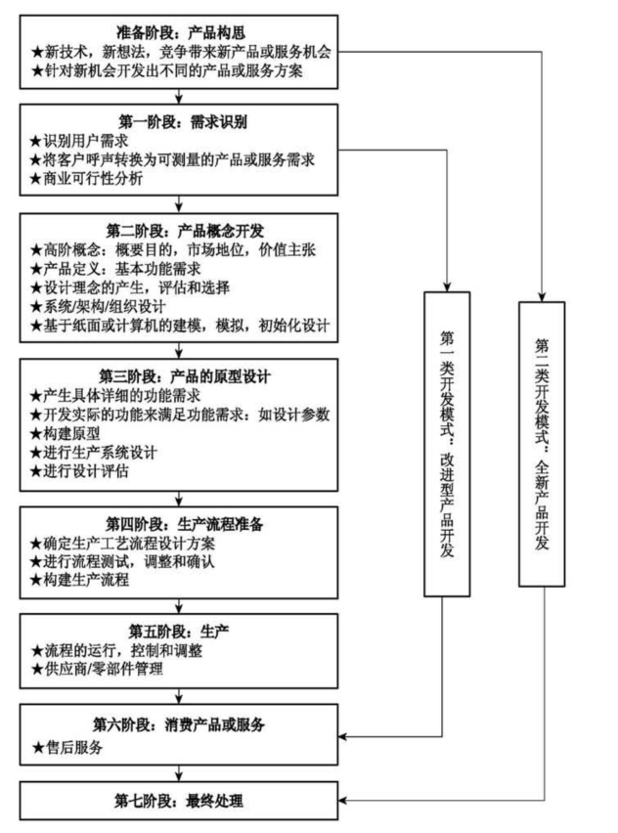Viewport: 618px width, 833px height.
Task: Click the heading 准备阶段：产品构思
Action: coord(181,33)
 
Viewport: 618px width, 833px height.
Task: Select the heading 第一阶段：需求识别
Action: coord(183,121)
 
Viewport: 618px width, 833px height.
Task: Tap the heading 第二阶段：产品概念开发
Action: coord(185,231)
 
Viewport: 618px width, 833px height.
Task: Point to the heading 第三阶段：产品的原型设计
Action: coord(185,376)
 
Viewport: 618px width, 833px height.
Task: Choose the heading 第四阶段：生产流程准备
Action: coord(185,524)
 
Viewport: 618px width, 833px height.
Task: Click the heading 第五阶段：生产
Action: coord(179,632)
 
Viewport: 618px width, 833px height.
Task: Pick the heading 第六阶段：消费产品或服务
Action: coord(179,724)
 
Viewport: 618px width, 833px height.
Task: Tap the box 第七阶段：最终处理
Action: coord(179,801)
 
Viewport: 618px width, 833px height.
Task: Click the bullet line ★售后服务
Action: coord(67,748)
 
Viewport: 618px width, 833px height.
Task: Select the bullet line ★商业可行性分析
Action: coord(86,179)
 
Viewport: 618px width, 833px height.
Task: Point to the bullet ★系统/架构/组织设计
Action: coord(98,307)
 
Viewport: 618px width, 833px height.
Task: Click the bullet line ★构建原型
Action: coord(65,433)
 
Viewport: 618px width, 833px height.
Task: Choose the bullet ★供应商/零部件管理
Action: coord(97,669)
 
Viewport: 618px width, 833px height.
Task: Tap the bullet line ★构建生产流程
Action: coord(79,580)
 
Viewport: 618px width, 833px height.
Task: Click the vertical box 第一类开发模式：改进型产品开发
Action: coord(447,444)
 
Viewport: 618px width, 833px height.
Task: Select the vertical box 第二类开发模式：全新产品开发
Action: coord(542,444)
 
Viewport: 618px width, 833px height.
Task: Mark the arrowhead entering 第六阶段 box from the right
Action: coord(343,737)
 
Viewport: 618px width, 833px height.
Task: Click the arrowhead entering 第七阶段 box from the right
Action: coord(343,801)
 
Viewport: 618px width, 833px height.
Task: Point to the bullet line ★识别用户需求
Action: coord(79,141)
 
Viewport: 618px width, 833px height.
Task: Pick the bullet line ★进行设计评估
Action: coord(79,471)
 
